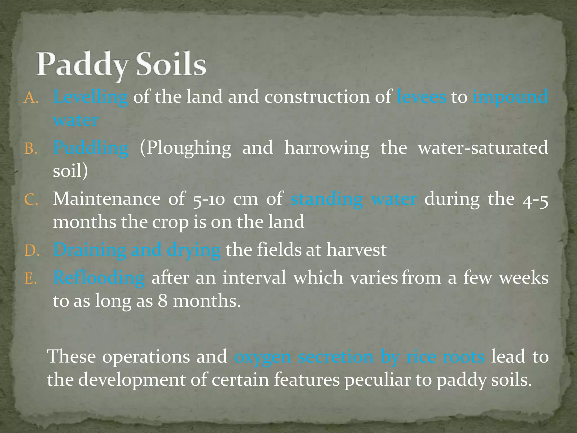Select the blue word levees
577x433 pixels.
point(421,97)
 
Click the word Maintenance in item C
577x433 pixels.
point(107,199)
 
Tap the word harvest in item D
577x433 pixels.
point(356,250)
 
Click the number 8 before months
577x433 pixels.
point(163,301)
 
